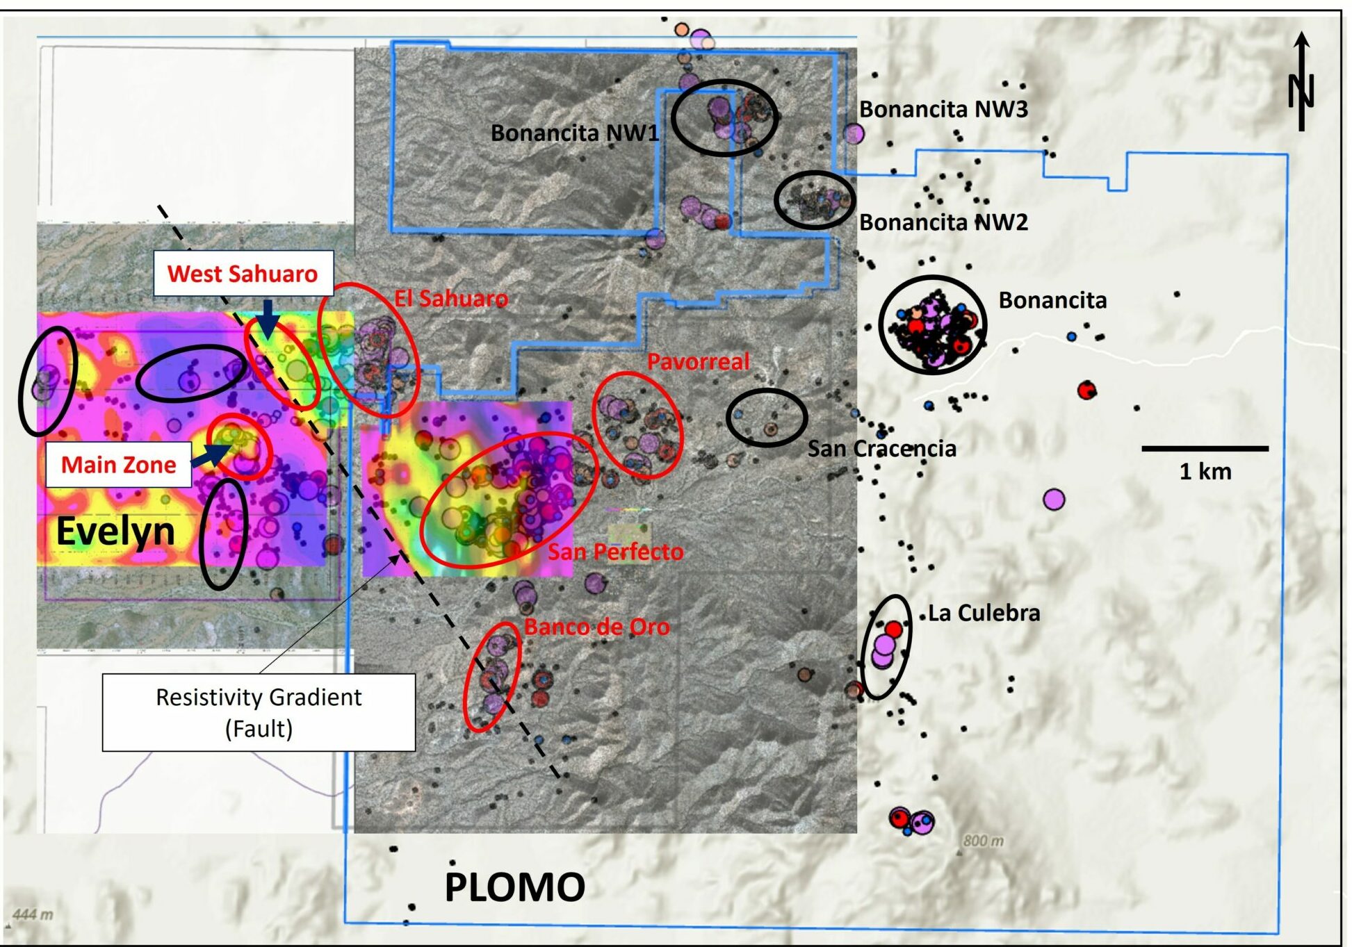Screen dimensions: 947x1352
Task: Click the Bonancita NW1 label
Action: (574, 133)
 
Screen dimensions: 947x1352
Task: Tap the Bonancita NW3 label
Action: (943, 109)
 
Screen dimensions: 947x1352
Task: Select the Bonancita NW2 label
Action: (943, 222)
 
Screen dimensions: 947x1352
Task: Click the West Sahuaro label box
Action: (243, 274)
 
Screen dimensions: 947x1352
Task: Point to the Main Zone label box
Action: (118, 464)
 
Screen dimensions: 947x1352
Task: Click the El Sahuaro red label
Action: (451, 299)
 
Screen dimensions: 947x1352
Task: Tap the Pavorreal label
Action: (698, 361)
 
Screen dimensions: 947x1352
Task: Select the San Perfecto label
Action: (615, 552)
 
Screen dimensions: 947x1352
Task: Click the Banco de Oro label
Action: (596, 627)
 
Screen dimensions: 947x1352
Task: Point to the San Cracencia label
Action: (881, 449)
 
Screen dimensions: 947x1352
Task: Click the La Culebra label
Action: (984, 613)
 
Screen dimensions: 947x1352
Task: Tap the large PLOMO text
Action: (514, 887)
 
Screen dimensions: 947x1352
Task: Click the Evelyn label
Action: (115, 532)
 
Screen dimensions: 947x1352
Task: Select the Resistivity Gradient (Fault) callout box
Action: (259, 712)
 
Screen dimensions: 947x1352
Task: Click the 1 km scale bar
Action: (1205, 449)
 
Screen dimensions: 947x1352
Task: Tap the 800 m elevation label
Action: (983, 841)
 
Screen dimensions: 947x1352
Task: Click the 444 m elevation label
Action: (33, 914)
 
